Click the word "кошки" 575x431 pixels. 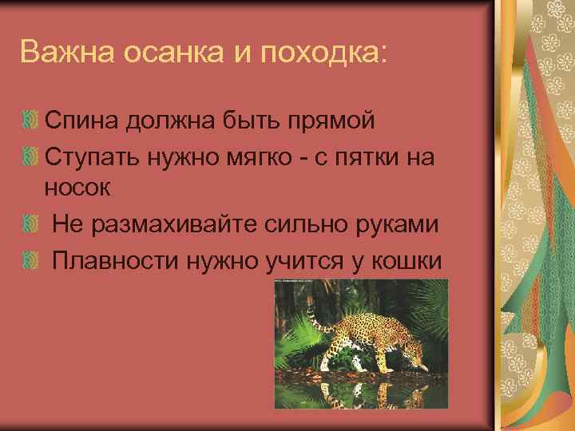(x=406, y=260)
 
